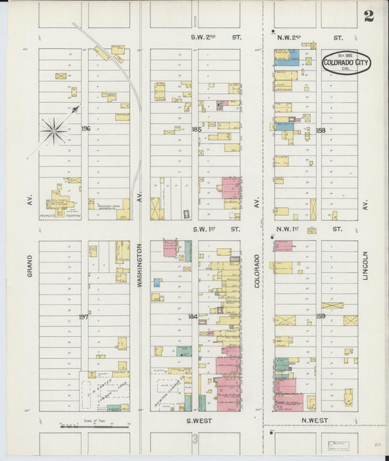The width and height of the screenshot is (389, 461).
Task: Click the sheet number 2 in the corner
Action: point(369,16)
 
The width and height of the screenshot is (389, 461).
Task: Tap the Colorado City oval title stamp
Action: point(346,62)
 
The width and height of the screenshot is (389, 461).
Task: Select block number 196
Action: point(85,128)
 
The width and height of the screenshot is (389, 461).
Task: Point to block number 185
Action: point(196,129)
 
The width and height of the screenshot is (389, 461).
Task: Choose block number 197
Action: point(83,317)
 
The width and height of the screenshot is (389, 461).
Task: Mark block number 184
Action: point(193,316)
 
